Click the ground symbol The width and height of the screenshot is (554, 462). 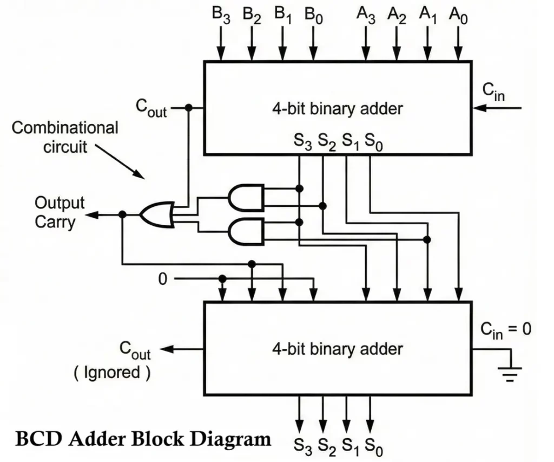(x=510, y=373)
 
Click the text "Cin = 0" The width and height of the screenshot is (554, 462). (x=505, y=330)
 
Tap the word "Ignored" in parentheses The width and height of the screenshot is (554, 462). (x=112, y=373)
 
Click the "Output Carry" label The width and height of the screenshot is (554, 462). (x=60, y=212)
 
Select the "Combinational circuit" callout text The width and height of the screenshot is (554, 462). (x=65, y=137)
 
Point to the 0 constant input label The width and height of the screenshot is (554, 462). (x=163, y=279)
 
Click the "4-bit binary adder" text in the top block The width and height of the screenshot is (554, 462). (x=337, y=108)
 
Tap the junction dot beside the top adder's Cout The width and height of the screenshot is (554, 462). (x=188, y=108)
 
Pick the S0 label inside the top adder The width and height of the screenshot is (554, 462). (x=374, y=142)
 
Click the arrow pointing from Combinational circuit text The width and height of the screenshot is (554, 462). (x=128, y=162)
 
